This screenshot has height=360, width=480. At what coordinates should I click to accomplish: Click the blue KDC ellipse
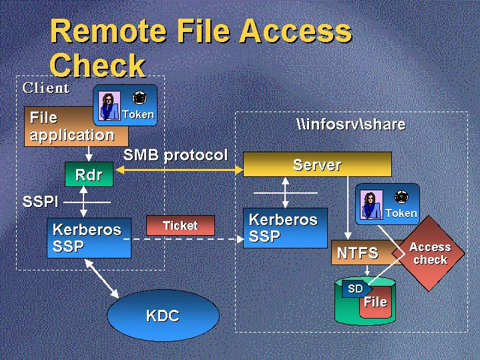[163, 315]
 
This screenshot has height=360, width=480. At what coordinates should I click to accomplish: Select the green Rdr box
[89, 175]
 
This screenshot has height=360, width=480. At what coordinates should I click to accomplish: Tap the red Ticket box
[180, 225]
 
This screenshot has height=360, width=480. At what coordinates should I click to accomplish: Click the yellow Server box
[317, 164]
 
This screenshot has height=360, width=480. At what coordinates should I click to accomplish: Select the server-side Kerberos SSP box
[285, 228]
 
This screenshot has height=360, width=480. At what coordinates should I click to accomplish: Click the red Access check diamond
[430, 253]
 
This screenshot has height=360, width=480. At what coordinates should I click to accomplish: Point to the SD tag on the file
[355, 289]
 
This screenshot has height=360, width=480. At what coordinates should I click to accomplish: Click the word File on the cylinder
[375, 302]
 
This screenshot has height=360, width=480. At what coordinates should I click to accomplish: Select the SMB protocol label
[176, 156]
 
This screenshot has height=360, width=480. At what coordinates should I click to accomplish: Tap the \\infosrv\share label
[350, 125]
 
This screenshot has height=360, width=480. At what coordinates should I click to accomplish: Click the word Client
[46, 87]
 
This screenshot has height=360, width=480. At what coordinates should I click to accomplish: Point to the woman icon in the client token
[107, 106]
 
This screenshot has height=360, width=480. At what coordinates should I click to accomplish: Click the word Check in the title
[97, 65]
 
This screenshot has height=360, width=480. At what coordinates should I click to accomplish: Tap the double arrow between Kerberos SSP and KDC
[102, 278]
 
